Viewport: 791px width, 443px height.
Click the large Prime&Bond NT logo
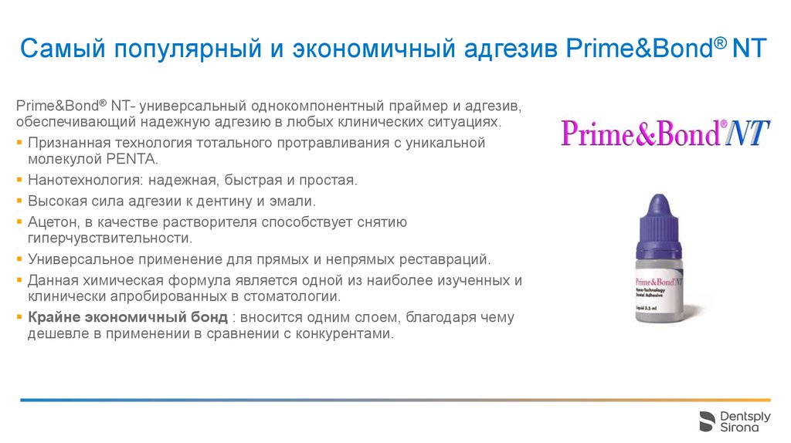coord(664,134)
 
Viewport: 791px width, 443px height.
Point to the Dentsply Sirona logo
coord(734,421)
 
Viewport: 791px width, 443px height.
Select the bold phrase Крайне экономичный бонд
coord(127,318)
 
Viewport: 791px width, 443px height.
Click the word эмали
coord(297,201)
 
